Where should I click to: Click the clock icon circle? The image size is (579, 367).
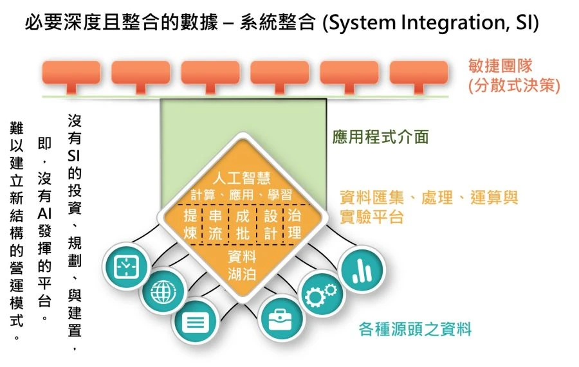[126, 266]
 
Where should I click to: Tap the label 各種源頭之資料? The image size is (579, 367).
[415, 330]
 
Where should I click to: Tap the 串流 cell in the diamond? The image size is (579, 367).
[215, 224]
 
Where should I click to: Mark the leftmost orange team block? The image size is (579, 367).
[70, 73]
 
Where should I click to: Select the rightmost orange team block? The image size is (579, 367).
[419, 73]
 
